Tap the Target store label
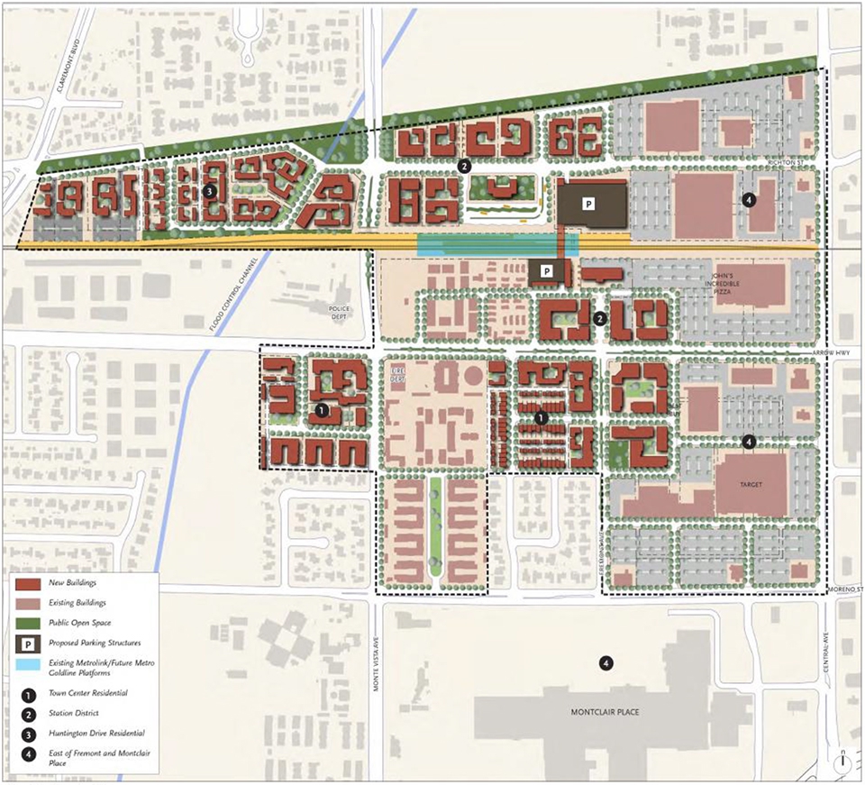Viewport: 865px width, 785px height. pyautogui.click(x=751, y=485)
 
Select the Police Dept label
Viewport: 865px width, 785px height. pyautogui.click(x=340, y=313)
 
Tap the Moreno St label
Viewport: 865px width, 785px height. pyautogui.click(x=845, y=590)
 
